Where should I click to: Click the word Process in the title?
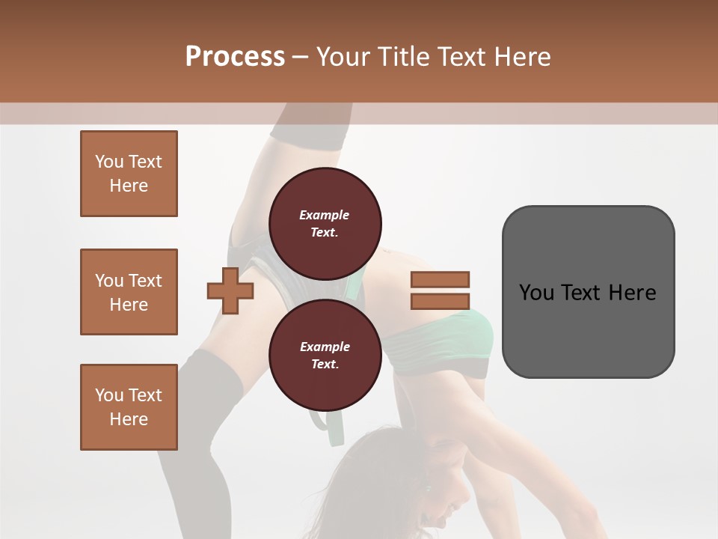pyautogui.click(x=235, y=56)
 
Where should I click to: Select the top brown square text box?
pyautogui.click(x=129, y=174)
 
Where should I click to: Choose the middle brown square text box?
pyautogui.click(x=129, y=292)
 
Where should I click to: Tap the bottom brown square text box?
pyautogui.click(x=129, y=407)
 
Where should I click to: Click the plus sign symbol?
pyautogui.click(x=230, y=290)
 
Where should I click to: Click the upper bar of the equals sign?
pyautogui.click(x=440, y=279)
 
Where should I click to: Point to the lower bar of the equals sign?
pyautogui.click(x=440, y=302)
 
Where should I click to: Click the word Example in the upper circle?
pyautogui.click(x=325, y=215)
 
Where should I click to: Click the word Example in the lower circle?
pyautogui.click(x=325, y=347)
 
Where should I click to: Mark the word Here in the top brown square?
pyautogui.click(x=129, y=186)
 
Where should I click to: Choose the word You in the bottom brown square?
pyautogui.click(x=109, y=395)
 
